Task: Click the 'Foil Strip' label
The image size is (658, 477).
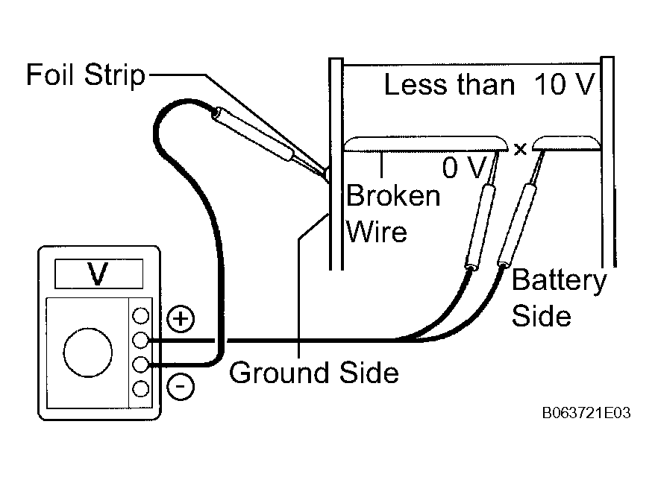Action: point(86,75)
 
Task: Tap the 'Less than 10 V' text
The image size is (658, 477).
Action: point(489,84)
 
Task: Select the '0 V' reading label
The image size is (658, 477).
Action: point(464,168)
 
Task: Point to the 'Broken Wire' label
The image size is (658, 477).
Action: point(393,213)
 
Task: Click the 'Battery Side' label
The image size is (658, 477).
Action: point(559,297)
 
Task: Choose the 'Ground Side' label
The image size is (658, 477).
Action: point(314,373)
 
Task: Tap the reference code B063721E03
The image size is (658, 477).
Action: point(586,414)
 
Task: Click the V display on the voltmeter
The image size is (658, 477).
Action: point(98,274)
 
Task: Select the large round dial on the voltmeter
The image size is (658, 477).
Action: point(88,353)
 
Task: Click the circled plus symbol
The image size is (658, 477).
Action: point(181,319)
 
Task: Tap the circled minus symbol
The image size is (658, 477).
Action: point(181,386)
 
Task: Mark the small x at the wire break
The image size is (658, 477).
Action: point(521,149)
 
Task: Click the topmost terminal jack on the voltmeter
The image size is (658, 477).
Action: point(140,315)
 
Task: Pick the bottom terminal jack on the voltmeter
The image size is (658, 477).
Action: point(140,389)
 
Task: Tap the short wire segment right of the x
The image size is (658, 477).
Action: point(566,143)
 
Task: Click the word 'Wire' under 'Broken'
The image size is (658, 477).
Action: point(377,232)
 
